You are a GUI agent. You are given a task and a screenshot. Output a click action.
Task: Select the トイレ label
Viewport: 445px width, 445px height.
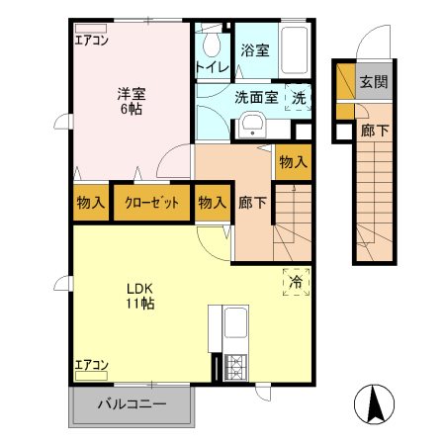212,67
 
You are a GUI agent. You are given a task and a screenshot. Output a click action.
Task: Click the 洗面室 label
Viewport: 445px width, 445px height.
254,98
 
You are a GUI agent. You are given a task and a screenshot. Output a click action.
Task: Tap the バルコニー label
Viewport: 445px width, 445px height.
131,403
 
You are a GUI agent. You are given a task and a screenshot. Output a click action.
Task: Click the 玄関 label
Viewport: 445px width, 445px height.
373,81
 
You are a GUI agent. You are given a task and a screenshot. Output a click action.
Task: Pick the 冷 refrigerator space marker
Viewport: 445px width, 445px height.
296,282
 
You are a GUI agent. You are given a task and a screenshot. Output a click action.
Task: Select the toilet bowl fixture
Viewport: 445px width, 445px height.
211,42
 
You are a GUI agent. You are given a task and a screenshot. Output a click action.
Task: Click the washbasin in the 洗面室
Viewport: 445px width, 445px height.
251,127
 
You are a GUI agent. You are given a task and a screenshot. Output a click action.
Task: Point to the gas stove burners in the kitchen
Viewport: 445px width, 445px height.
236,366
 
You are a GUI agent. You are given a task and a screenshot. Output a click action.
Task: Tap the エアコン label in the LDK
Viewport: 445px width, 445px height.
91,366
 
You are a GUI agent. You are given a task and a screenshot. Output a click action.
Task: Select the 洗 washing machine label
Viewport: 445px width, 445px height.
299,98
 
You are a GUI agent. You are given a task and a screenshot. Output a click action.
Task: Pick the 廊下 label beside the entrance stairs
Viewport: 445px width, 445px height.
373,131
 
